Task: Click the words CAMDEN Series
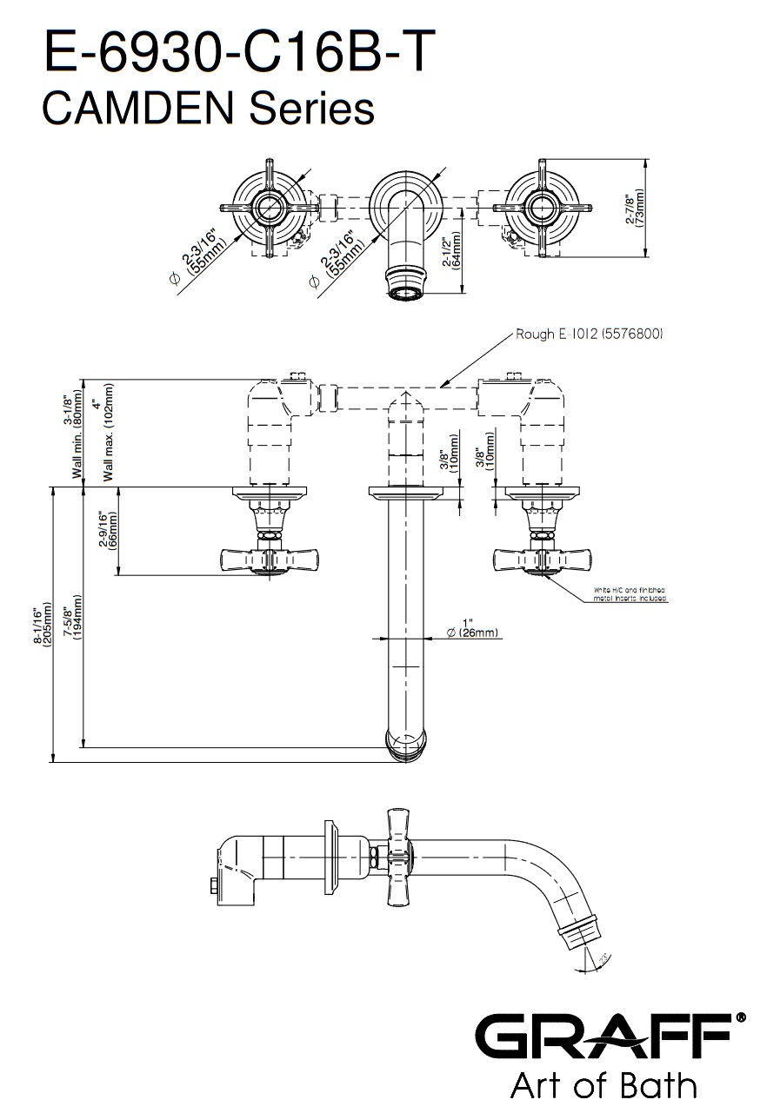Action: pos(208,110)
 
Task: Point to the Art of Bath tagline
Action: pos(603,1086)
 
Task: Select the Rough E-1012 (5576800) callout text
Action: pos(590,334)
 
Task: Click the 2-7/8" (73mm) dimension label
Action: pos(636,209)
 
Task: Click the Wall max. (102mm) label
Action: pos(103,432)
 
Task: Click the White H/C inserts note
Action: pos(630,595)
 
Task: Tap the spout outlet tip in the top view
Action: pos(406,286)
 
